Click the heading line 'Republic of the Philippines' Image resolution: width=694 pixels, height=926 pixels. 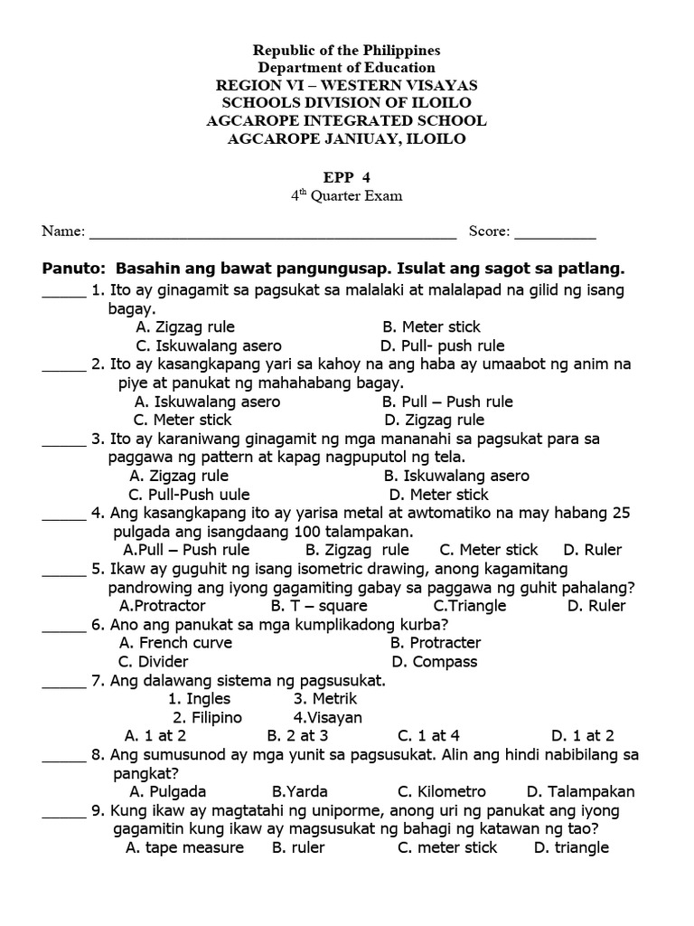(x=347, y=50)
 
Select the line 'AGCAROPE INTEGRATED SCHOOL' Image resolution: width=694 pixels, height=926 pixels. (x=347, y=120)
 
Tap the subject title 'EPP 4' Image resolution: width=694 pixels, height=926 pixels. (x=346, y=177)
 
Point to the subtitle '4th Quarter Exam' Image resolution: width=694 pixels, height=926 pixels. (x=346, y=196)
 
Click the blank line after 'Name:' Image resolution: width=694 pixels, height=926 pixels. (x=272, y=233)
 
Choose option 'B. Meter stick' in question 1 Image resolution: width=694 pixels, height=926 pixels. (x=431, y=326)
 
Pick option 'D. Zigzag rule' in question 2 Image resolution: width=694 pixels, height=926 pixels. (x=434, y=420)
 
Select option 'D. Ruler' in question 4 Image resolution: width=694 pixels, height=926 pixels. (x=592, y=550)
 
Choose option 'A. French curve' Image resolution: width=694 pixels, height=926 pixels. (x=175, y=643)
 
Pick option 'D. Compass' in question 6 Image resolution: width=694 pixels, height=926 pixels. (x=432, y=662)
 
